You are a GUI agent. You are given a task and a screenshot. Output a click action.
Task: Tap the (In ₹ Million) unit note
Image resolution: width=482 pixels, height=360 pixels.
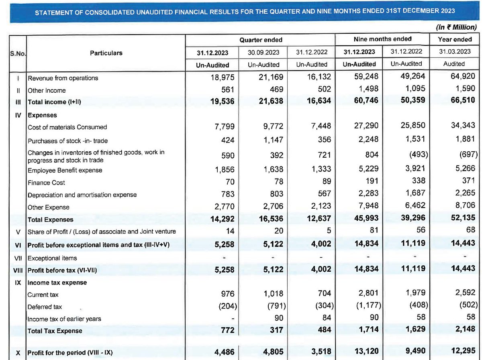tap(456, 28)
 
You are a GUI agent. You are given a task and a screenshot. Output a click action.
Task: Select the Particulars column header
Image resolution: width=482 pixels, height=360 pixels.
tap(106, 53)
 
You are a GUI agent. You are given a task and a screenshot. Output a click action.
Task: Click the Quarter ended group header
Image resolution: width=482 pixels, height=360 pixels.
tap(261, 40)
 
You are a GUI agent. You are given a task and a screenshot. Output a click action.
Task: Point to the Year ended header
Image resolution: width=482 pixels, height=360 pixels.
tap(455, 39)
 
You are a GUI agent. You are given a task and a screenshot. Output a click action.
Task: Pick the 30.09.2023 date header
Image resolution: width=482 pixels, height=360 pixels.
tap(261, 52)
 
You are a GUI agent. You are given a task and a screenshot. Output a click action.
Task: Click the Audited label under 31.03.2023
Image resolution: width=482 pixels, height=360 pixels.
tap(455, 64)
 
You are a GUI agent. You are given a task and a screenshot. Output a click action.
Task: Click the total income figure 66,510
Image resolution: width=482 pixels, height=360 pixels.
tap(461, 100)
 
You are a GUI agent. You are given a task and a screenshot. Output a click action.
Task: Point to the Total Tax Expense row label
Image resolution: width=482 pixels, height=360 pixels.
tap(55, 331)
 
